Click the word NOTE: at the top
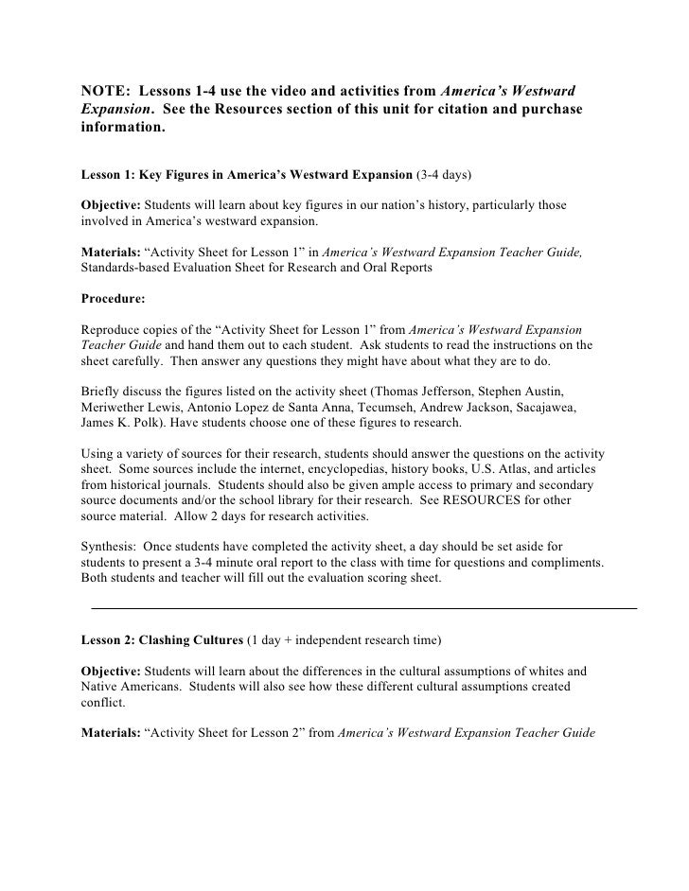coord(104,91)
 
